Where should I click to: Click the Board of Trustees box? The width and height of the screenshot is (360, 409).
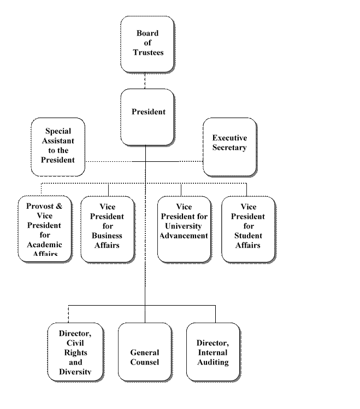(x=147, y=44)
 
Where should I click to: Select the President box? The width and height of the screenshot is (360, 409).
(x=147, y=116)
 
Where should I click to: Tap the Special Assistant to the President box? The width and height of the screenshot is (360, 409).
(x=58, y=146)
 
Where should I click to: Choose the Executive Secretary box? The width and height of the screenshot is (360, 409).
(x=229, y=147)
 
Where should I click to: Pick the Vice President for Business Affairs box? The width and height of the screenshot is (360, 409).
(x=108, y=229)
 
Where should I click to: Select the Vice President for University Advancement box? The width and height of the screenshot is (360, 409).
(x=184, y=229)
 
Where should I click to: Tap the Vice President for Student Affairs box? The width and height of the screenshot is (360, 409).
(x=248, y=229)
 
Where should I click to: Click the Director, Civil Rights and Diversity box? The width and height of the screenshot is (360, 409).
(x=75, y=352)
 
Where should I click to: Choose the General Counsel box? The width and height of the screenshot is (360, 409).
(x=144, y=352)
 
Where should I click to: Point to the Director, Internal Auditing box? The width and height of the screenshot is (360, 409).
(x=213, y=352)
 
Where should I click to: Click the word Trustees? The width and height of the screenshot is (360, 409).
(x=147, y=53)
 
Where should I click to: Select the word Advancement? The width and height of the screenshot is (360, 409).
(x=185, y=236)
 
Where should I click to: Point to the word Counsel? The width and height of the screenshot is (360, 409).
(x=145, y=362)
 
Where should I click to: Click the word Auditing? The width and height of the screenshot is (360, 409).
(x=213, y=362)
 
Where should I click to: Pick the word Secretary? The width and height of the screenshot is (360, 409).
(x=229, y=148)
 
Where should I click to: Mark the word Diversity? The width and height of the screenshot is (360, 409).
(x=75, y=372)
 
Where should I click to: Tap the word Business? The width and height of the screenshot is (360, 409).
(x=108, y=236)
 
